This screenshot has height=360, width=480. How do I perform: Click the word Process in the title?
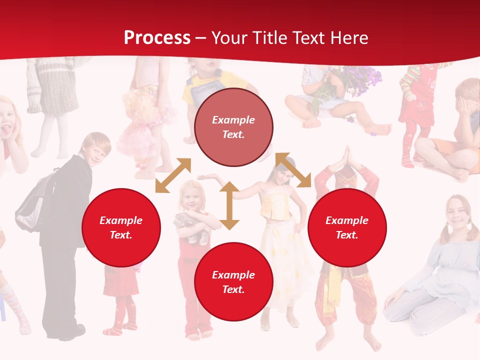tap(157, 38)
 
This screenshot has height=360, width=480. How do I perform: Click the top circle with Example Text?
tap(233, 127)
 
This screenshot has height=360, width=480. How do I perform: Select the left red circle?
tap(121, 228)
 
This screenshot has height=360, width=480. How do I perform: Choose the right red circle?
tap(347, 228)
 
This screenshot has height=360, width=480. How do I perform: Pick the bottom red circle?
tap(233, 282)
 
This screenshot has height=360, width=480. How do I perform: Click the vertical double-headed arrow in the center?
tap(229, 205)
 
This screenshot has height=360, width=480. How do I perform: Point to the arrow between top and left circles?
tap(173, 175)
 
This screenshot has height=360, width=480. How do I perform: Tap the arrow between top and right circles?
tap(293, 170)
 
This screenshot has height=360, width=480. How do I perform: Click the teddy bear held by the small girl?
tap(192, 228)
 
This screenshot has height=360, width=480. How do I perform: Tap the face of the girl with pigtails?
tap(456, 212)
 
